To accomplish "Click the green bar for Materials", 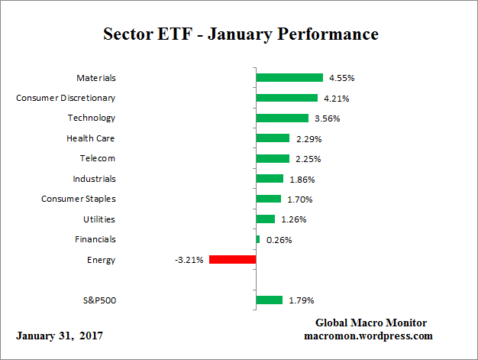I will tap(289, 77).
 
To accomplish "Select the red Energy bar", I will tap(232, 260).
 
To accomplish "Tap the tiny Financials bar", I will tap(258, 239).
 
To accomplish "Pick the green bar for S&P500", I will tap(270, 300).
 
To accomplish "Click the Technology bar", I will tap(283, 118).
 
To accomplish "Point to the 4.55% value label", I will tap(341, 78).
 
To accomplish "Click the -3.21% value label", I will tap(189, 260).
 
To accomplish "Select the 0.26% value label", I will tap(279, 240).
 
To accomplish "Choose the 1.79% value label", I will tap(302, 300).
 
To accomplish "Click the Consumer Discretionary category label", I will tap(66, 98).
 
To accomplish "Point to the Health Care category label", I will tap(91, 138).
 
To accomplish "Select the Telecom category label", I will tap(98, 158).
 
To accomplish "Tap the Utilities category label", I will tap(99, 219).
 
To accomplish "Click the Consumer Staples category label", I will tap(78, 199).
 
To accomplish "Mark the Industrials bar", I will tap(270, 179).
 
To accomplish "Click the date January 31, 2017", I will tap(60, 336).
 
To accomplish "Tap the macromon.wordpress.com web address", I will tap(370, 336).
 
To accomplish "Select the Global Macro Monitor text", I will tap(370, 323).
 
